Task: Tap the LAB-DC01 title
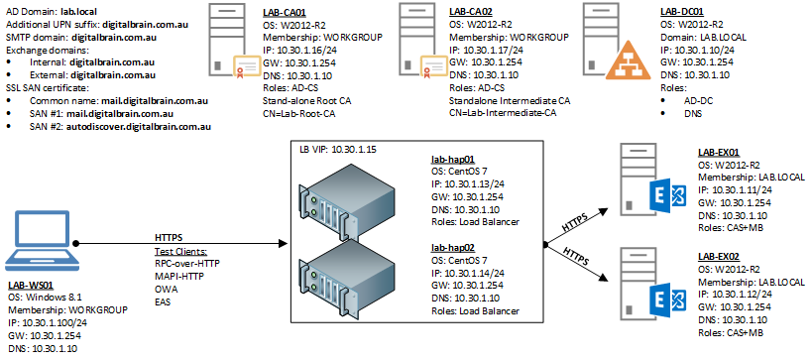[x=682, y=11]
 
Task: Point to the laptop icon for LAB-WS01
[x=41, y=238]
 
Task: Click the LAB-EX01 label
[x=719, y=152]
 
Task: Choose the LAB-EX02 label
[x=720, y=257]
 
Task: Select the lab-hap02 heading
[x=453, y=248]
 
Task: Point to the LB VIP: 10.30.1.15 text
[x=338, y=150]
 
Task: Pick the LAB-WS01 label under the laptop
[x=31, y=286]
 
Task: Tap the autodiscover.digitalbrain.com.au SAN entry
[x=139, y=126]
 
